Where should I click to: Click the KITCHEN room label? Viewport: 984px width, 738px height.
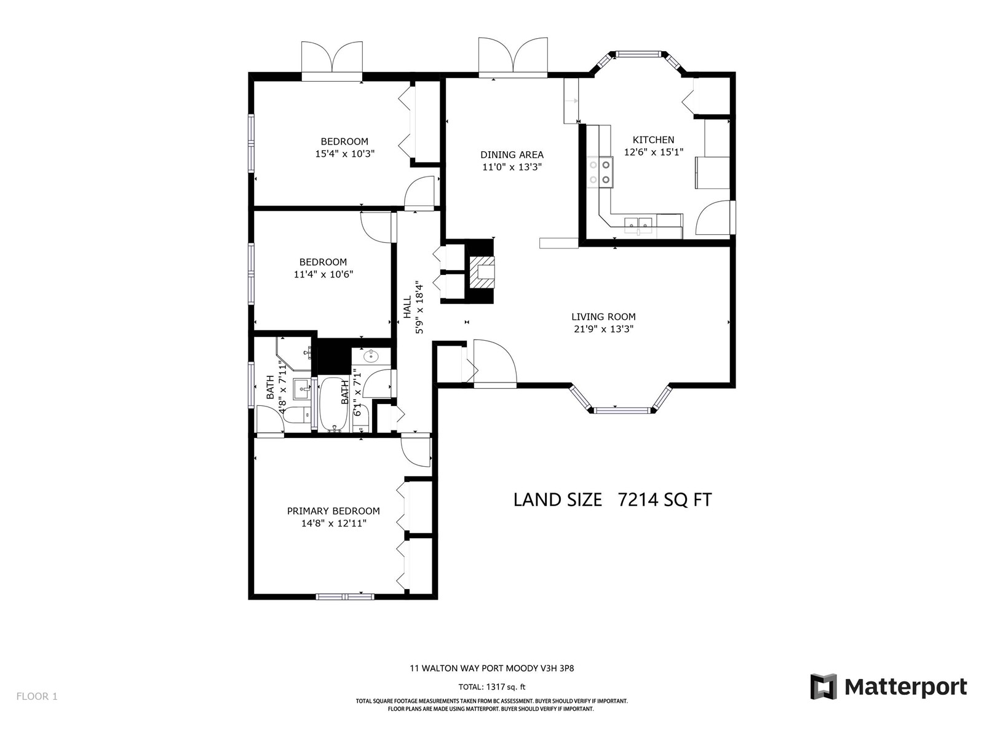point(653,140)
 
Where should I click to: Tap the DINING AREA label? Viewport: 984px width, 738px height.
point(512,155)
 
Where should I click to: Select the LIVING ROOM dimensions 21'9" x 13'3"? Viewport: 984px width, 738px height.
point(603,330)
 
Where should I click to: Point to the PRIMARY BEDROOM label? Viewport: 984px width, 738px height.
point(333,511)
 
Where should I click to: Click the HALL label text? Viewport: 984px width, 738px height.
point(407,307)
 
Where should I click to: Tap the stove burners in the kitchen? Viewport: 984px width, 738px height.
point(600,172)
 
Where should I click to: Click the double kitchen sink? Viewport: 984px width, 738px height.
point(639,223)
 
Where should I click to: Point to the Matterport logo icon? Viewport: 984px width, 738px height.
point(823,686)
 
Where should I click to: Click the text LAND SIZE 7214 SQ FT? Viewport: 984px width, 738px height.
point(613,500)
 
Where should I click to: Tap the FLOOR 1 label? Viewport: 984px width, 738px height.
point(38,696)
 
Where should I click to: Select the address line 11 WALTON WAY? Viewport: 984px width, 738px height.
point(492,669)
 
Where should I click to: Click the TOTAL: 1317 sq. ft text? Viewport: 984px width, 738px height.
point(492,687)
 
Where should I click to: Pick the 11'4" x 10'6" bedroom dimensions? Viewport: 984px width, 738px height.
point(323,274)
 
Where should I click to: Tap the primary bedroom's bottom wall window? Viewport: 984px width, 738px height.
point(345,597)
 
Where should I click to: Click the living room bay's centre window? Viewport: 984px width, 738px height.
point(621,410)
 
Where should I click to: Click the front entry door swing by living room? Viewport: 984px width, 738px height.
point(495,363)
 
